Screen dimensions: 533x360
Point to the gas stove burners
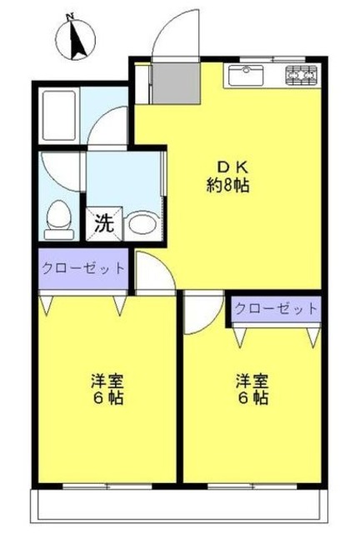(x=303, y=76)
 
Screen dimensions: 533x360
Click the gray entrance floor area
(x=174, y=81)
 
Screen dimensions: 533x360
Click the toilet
(x=59, y=218)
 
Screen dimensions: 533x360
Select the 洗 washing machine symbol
(x=105, y=224)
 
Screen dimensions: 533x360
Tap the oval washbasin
(x=141, y=223)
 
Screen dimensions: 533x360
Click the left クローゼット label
(x=84, y=268)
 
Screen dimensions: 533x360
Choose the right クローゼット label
(x=276, y=308)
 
